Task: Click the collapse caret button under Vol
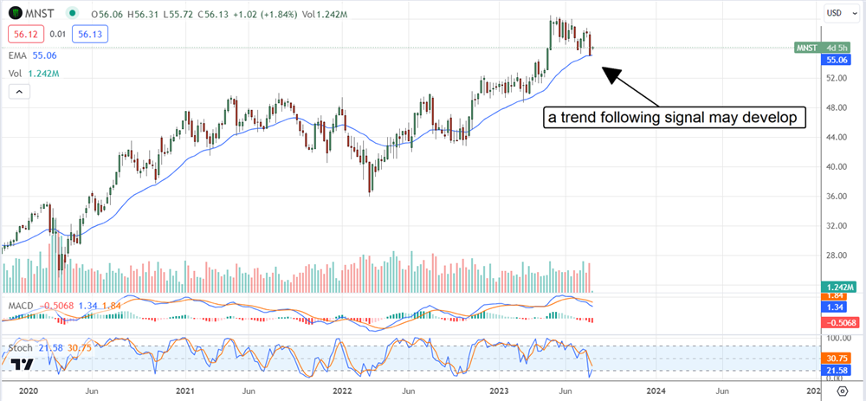click(x=16, y=90)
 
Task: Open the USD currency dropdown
click(x=836, y=13)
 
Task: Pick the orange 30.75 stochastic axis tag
click(x=836, y=357)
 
